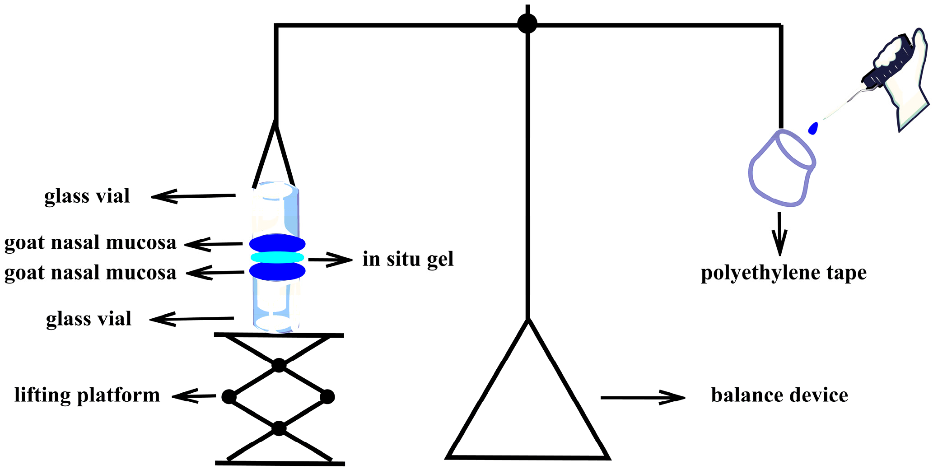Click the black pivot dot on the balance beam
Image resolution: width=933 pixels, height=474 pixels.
point(527,23)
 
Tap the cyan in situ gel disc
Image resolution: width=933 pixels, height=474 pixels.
point(277,257)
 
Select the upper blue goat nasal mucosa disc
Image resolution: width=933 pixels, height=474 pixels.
point(277,244)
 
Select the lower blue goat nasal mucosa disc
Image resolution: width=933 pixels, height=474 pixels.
point(277,271)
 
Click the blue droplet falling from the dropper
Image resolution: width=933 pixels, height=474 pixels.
point(813,128)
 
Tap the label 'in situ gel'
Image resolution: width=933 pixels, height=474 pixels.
point(408,259)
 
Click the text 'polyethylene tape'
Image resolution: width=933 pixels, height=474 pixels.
point(784,273)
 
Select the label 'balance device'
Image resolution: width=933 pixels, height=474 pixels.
point(779,395)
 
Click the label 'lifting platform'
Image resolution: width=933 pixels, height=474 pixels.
point(87,395)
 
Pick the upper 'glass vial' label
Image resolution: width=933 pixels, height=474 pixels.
point(87,196)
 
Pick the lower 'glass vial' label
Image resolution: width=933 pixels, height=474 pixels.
point(89,319)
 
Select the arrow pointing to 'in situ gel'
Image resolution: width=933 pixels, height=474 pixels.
point(330,260)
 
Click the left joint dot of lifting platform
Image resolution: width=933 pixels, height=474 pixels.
point(229,397)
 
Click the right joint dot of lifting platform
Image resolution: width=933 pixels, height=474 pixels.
point(327,397)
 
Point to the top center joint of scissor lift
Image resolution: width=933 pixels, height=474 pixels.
point(279,365)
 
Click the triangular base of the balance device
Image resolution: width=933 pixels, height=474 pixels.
point(527,456)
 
